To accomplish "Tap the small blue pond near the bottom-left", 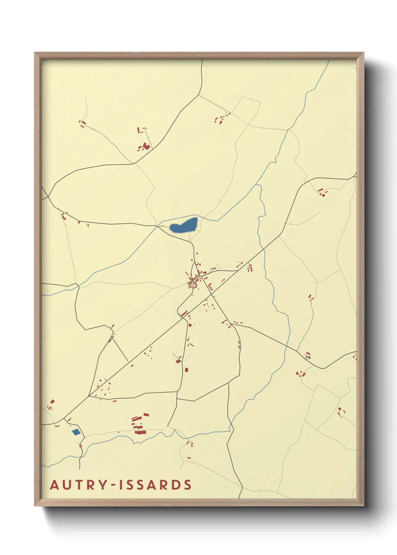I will (x=76, y=432).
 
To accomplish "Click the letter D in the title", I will (x=174, y=485).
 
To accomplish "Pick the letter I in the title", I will (x=122, y=485).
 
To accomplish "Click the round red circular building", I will (x=190, y=325).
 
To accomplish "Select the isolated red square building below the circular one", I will (x=186, y=370).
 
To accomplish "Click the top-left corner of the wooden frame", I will (x=35, y=53).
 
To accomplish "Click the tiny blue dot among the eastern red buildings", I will (x=307, y=358).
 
